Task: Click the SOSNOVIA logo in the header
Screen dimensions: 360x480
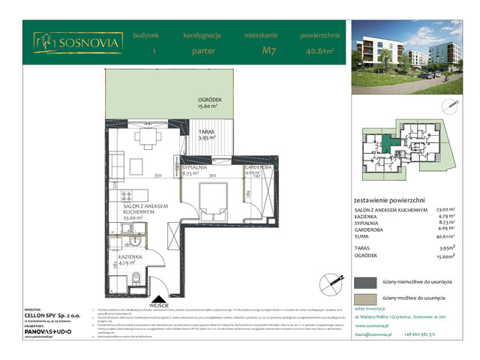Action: pyautogui.click(x=77, y=43)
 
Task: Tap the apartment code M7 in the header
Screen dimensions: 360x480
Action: pyautogui.click(x=267, y=52)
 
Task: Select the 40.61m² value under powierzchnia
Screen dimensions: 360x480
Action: pyautogui.click(x=321, y=52)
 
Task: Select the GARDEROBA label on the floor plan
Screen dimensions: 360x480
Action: pyautogui.click(x=257, y=169)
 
